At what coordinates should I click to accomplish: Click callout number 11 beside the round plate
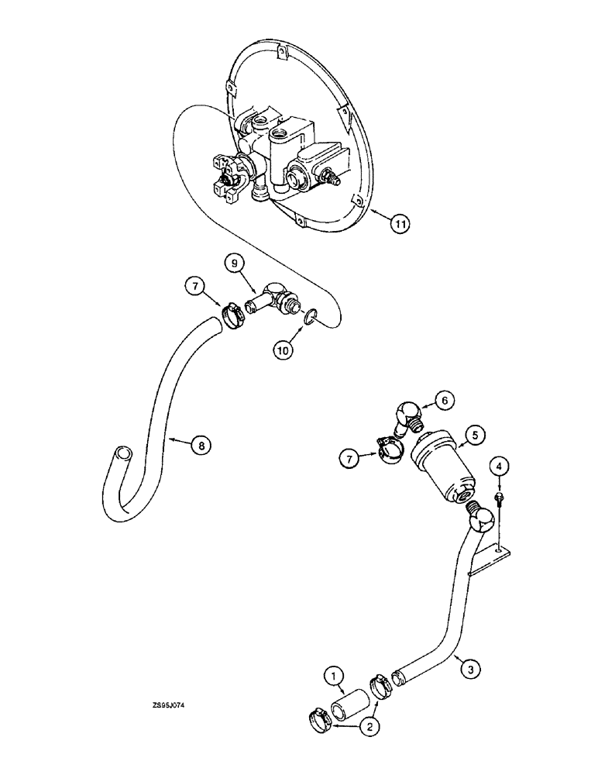[x=399, y=224]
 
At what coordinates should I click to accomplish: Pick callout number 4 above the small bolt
[x=500, y=466]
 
